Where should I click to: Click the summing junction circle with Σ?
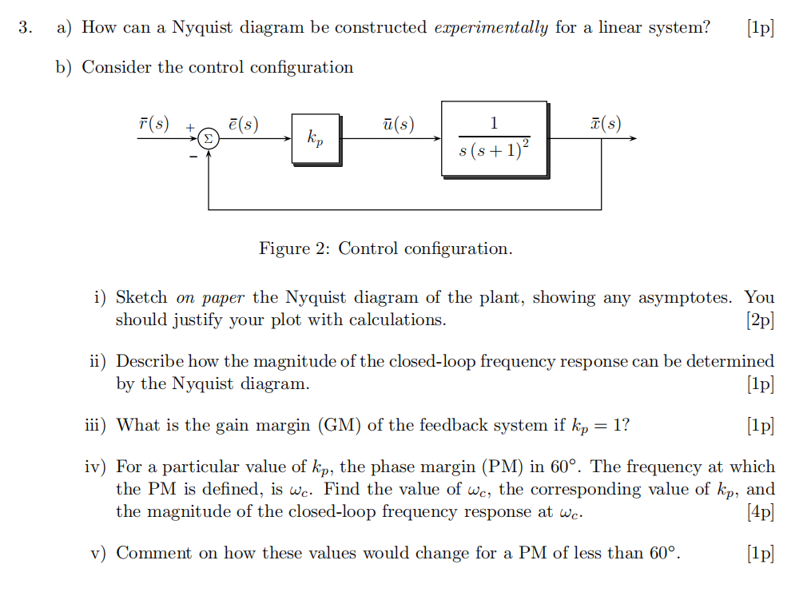pos(209,138)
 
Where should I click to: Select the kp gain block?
pos(316,139)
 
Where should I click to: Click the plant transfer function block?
pos(494,137)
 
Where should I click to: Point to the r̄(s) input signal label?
pos(155,124)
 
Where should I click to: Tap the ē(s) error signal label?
pos(243,124)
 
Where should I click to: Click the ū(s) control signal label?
pos(399,124)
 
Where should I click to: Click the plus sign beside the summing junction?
pos(190,127)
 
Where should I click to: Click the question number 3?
pos(26,28)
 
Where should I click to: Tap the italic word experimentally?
pos(491,28)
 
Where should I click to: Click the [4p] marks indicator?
pos(760,512)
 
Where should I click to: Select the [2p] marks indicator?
pos(760,320)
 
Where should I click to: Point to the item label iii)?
pos(97,425)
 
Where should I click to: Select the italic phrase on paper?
pos(210,298)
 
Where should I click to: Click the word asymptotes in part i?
pos(684,298)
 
